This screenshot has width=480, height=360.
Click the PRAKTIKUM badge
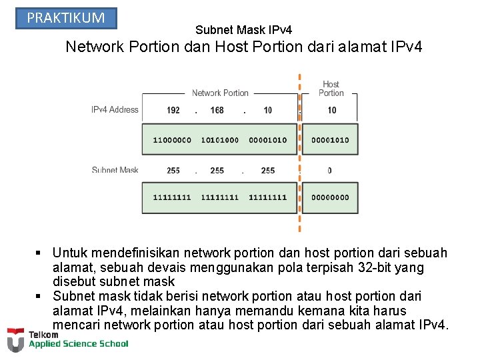point(66,18)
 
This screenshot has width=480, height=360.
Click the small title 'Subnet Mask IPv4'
point(243,30)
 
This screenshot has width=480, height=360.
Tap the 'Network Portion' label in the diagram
point(220,93)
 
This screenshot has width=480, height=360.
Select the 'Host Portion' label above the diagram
point(331,89)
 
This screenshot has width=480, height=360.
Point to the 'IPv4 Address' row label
point(115,109)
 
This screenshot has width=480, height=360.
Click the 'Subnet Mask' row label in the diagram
point(115,171)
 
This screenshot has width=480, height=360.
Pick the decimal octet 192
point(173,110)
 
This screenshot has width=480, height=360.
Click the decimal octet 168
point(217,110)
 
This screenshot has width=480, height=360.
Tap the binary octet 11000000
point(172,140)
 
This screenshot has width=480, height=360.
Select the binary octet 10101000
point(219,140)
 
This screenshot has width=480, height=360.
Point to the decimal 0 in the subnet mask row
point(329,171)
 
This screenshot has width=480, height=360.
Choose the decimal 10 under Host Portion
point(332,110)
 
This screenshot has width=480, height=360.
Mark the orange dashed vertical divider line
point(299,153)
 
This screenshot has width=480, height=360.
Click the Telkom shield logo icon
point(15,340)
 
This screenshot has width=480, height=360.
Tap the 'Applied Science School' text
point(78,344)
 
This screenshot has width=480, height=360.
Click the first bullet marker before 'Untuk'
point(40,253)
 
